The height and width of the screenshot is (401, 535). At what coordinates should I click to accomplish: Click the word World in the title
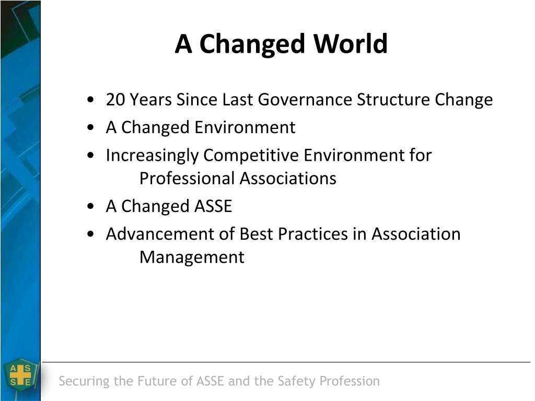tap(351, 44)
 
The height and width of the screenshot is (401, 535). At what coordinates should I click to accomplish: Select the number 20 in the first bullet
tap(115, 100)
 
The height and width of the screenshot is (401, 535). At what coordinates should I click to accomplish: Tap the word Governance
tap(305, 100)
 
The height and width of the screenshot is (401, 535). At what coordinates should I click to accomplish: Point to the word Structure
tap(393, 100)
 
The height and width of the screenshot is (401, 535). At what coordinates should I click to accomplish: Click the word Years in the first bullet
tap(151, 100)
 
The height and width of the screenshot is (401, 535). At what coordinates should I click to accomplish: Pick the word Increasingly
tap(152, 156)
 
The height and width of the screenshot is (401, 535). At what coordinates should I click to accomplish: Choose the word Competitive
tap(251, 155)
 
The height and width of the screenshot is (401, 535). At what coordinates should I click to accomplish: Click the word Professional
tap(187, 179)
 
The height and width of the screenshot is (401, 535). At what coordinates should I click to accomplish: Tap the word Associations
tap(288, 179)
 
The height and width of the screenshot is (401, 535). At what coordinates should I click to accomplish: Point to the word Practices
tap(313, 234)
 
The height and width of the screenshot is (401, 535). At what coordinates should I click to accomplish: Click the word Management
tap(192, 257)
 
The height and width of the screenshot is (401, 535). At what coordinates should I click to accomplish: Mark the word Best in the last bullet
tap(256, 234)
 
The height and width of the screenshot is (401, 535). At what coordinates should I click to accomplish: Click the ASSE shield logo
tap(21, 376)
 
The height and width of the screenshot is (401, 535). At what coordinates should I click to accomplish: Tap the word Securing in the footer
tap(84, 381)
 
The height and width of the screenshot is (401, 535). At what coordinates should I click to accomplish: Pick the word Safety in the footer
tap(297, 381)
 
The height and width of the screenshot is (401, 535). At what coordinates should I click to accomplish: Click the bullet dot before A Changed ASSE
tap(90, 206)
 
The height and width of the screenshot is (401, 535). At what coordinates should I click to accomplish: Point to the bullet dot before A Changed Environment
tap(90, 127)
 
